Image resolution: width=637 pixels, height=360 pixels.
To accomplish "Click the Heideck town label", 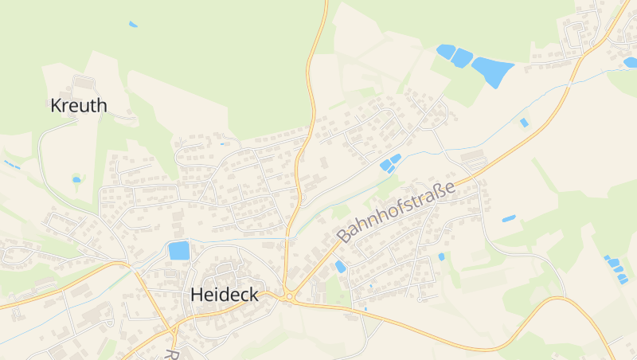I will (x=225, y=295).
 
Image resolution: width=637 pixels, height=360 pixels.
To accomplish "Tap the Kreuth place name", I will (x=78, y=105).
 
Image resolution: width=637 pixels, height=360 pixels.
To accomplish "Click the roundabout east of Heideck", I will (x=288, y=298).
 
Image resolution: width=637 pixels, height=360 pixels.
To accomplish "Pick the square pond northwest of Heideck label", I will (x=179, y=250).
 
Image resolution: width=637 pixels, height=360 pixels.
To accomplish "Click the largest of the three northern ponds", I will (x=492, y=72).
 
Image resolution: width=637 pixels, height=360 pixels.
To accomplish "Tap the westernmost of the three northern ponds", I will (x=446, y=52).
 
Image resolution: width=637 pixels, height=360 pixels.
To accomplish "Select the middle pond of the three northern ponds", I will (x=462, y=57).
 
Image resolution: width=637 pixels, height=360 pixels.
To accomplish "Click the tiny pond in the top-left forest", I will (x=133, y=25).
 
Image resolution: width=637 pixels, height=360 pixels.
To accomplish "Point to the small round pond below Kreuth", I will (x=76, y=180).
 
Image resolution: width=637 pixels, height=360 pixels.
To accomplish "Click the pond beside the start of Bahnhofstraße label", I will (x=341, y=266).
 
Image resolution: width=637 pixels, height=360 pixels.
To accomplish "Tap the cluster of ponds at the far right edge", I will (x=616, y=269).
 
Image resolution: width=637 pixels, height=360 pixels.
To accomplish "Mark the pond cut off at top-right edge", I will (x=630, y=62).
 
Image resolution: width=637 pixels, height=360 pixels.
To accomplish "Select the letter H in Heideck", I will (x=197, y=295).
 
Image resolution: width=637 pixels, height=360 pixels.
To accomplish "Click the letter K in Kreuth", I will (x=56, y=105).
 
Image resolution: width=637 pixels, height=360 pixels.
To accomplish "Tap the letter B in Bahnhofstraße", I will (x=344, y=237).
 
